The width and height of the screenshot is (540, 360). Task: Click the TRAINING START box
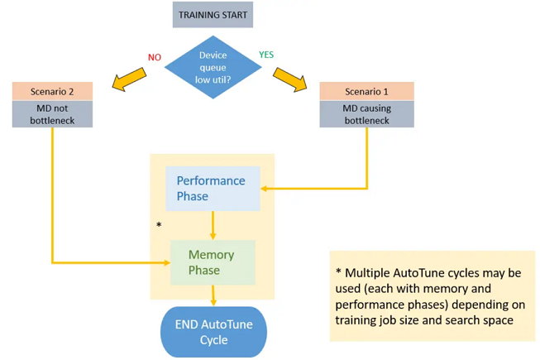213,15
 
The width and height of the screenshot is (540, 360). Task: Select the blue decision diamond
213,69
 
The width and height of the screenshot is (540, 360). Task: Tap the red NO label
155,57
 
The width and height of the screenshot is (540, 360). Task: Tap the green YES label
266,55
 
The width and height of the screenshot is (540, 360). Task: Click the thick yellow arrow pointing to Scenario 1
291,78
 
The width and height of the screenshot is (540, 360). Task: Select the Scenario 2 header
53,91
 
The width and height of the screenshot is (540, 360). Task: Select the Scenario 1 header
366,91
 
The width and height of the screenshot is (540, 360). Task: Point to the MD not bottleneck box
53,114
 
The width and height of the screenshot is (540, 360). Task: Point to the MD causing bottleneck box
366,114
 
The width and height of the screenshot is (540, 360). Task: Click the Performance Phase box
213,189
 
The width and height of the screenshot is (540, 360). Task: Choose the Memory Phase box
213,262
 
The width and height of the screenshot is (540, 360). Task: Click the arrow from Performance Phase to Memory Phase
213,225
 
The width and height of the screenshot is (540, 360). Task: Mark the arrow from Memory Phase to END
213,295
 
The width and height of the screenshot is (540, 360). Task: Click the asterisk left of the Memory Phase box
158,225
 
